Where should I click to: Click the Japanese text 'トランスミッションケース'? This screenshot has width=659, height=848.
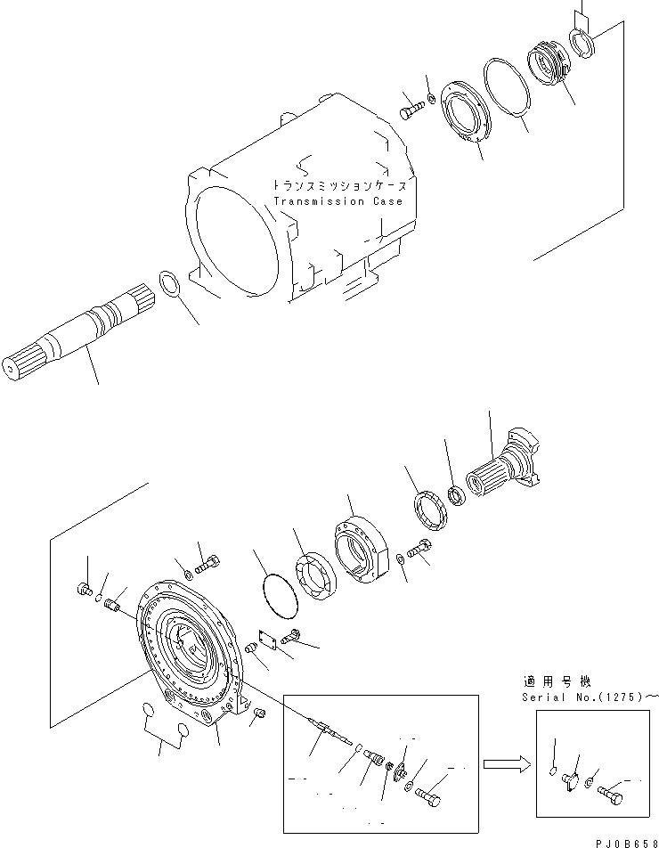tap(341, 186)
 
